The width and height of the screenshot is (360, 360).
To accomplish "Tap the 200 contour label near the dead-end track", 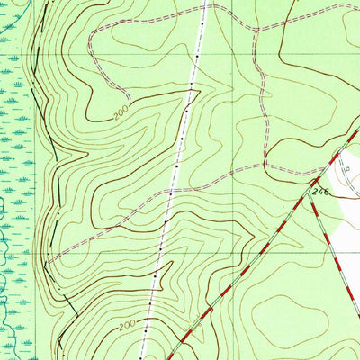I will coord(121,112).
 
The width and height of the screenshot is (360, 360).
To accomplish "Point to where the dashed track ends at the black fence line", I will coord(47,263).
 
